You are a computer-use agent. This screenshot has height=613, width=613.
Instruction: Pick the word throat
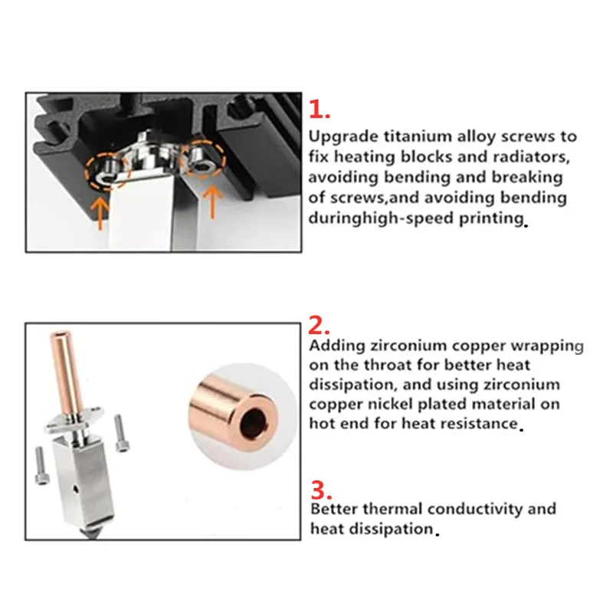[388, 366]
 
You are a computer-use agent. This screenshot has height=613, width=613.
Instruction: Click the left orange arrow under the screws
[100, 213]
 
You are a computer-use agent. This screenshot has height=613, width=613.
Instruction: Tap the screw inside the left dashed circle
[105, 171]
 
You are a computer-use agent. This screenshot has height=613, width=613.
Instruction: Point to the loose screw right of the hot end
[122, 432]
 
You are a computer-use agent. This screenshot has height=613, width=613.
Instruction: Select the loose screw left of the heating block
[41, 465]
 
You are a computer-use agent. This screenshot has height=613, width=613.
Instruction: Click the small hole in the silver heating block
[76, 488]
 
